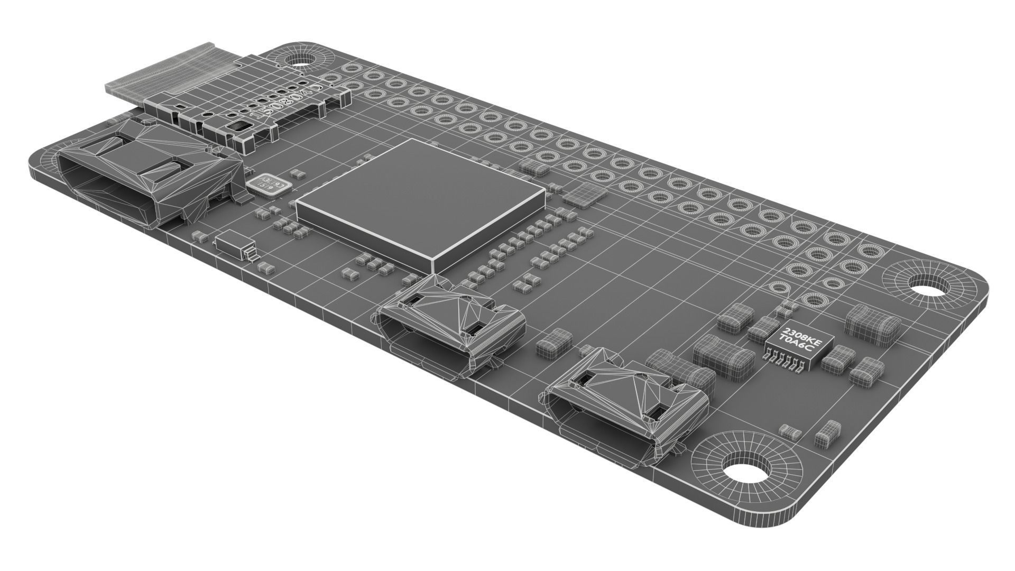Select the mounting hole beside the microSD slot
click(x=299, y=58)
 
